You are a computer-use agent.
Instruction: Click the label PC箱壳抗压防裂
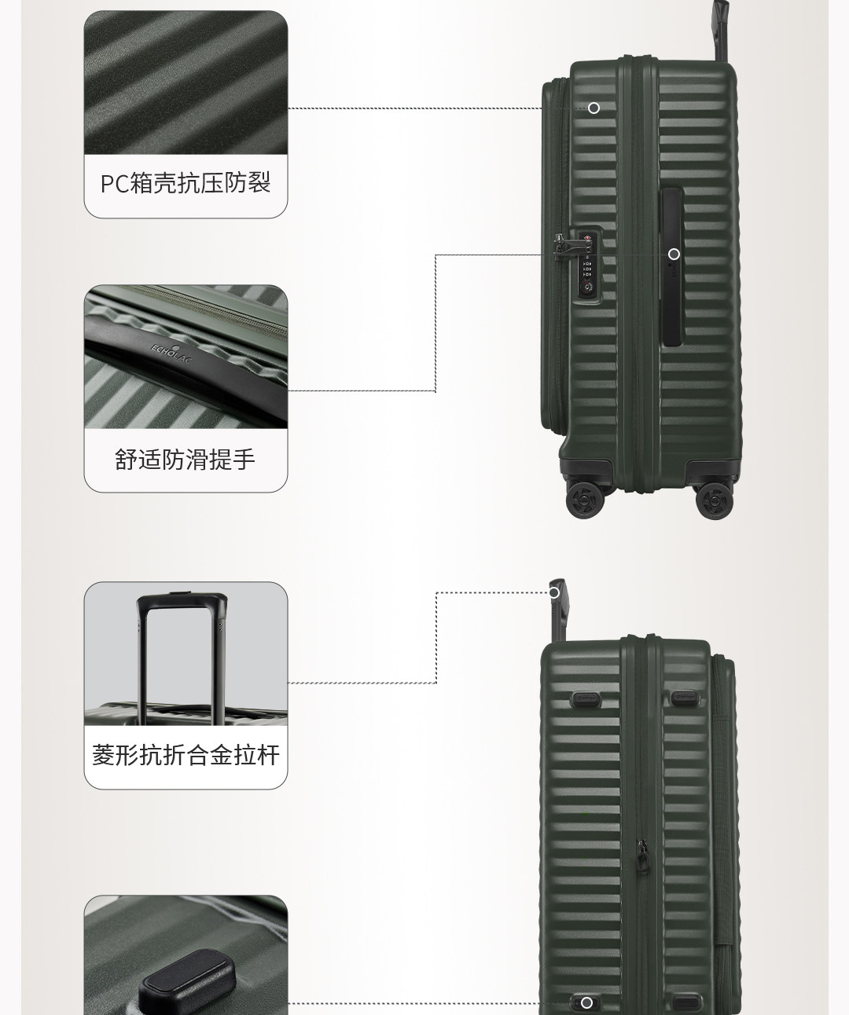tap(186, 183)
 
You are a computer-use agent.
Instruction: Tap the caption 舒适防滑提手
tap(186, 459)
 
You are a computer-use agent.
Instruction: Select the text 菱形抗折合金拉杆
tap(186, 756)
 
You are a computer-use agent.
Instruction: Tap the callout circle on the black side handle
tap(674, 254)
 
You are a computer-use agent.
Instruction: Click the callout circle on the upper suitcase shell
tap(594, 108)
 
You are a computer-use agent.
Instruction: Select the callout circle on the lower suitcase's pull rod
tap(554, 592)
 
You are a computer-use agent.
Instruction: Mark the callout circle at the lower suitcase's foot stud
tap(586, 1002)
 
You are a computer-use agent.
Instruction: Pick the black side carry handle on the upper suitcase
tap(672, 267)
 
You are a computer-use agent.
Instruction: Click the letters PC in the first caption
tap(114, 184)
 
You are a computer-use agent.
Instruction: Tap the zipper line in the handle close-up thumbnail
tap(197, 303)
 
